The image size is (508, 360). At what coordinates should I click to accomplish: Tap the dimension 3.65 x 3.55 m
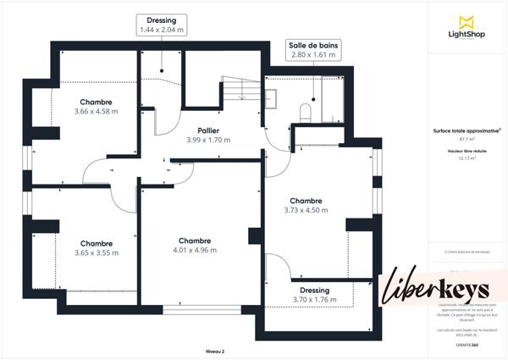click(x=96, y=252)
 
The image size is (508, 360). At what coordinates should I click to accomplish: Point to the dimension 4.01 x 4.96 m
click(x=195, y=250)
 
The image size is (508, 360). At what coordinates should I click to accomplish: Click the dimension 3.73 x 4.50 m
click(x=306, y=210)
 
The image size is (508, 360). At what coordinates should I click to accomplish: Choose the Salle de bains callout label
click(x=312, y=44)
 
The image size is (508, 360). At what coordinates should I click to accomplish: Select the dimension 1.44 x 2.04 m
click(x=162, y=30)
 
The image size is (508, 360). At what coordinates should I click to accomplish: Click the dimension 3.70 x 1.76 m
click(x=313, y=300)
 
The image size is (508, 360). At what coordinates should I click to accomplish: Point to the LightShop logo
click(x=466, y=28)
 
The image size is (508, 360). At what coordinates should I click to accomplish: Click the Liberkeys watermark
click(x=437, y=288)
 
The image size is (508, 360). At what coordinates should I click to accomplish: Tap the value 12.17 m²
click(x=467, y=158)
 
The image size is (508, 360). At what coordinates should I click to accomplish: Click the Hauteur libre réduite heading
click(x=467, y=151)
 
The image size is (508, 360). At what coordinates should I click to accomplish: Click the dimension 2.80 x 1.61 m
click(x=312, y=54)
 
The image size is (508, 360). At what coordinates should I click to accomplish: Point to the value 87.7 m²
click(x=467, y=139)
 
